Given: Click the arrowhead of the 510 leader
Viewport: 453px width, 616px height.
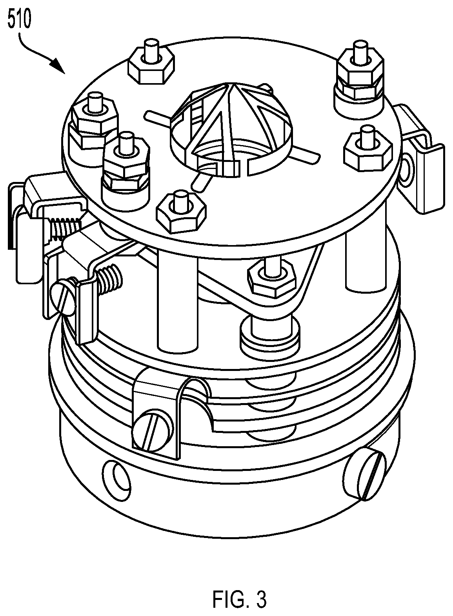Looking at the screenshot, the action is click(x=58, y=66).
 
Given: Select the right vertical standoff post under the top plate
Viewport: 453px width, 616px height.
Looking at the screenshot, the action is click(x=366, y=264).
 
